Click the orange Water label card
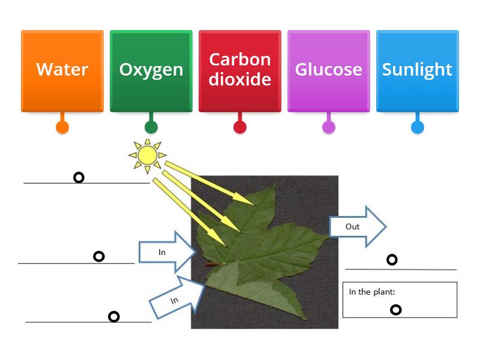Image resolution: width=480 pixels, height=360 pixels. click(x=62, y=70)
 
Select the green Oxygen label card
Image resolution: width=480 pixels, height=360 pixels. click(x=151, y=70)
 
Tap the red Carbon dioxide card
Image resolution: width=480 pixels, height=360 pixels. click(x=240, y=70)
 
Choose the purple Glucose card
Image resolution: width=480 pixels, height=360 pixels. click(x=328, y=70)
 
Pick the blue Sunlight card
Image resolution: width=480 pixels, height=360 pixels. click(x=417, y=70)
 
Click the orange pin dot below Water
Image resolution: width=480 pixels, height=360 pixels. click(x=62, y=127)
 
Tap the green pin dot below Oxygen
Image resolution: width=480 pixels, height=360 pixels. click(x=151, y=127)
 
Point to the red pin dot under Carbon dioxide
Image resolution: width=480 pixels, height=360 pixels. click(x=240, y=127)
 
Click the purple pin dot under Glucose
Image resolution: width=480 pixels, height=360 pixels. click(x=329, y=127)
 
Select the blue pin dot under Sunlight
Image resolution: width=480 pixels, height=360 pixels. click(x=418, y=127)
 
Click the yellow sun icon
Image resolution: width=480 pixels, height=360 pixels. click(x=147, y=155)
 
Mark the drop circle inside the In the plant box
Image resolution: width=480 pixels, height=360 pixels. click(x=396, y=310)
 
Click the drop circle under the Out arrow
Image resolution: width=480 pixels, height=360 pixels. click(x=392, y=260)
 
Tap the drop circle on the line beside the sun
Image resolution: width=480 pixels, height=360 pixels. click(x=79, y=177)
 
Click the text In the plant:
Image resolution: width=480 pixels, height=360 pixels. click(x=372, y=292)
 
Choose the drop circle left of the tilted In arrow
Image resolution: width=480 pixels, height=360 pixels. click(x=113, y=316)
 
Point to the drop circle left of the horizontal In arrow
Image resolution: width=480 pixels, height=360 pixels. click(x=99, y=256)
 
